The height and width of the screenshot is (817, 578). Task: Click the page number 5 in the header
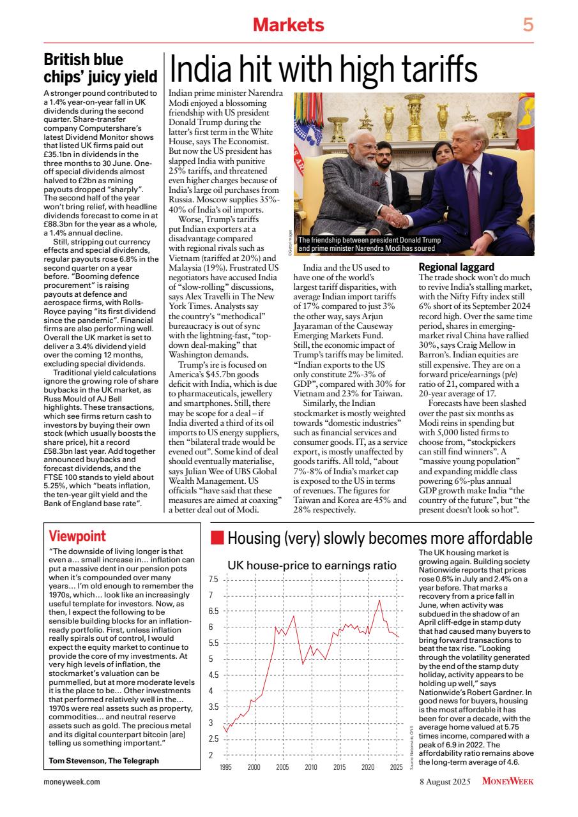(x=528, y=25)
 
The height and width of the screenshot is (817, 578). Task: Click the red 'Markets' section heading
(x=289, y=25)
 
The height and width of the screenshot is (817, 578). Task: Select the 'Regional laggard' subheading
(x=455, y=266)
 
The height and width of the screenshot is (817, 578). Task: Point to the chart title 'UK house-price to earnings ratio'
(x=312, y=565)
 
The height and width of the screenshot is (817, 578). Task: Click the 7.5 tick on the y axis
(x=214, y=580)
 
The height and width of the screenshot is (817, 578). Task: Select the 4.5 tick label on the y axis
(x=214, y=675)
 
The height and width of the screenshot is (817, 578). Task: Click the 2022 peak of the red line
(x=379, y=601)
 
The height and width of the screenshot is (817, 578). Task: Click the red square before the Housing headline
(x=217, y=538)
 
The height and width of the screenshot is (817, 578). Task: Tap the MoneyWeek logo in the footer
(x=508, y=781)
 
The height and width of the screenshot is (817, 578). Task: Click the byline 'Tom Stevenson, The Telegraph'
(x=103, y=760)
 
